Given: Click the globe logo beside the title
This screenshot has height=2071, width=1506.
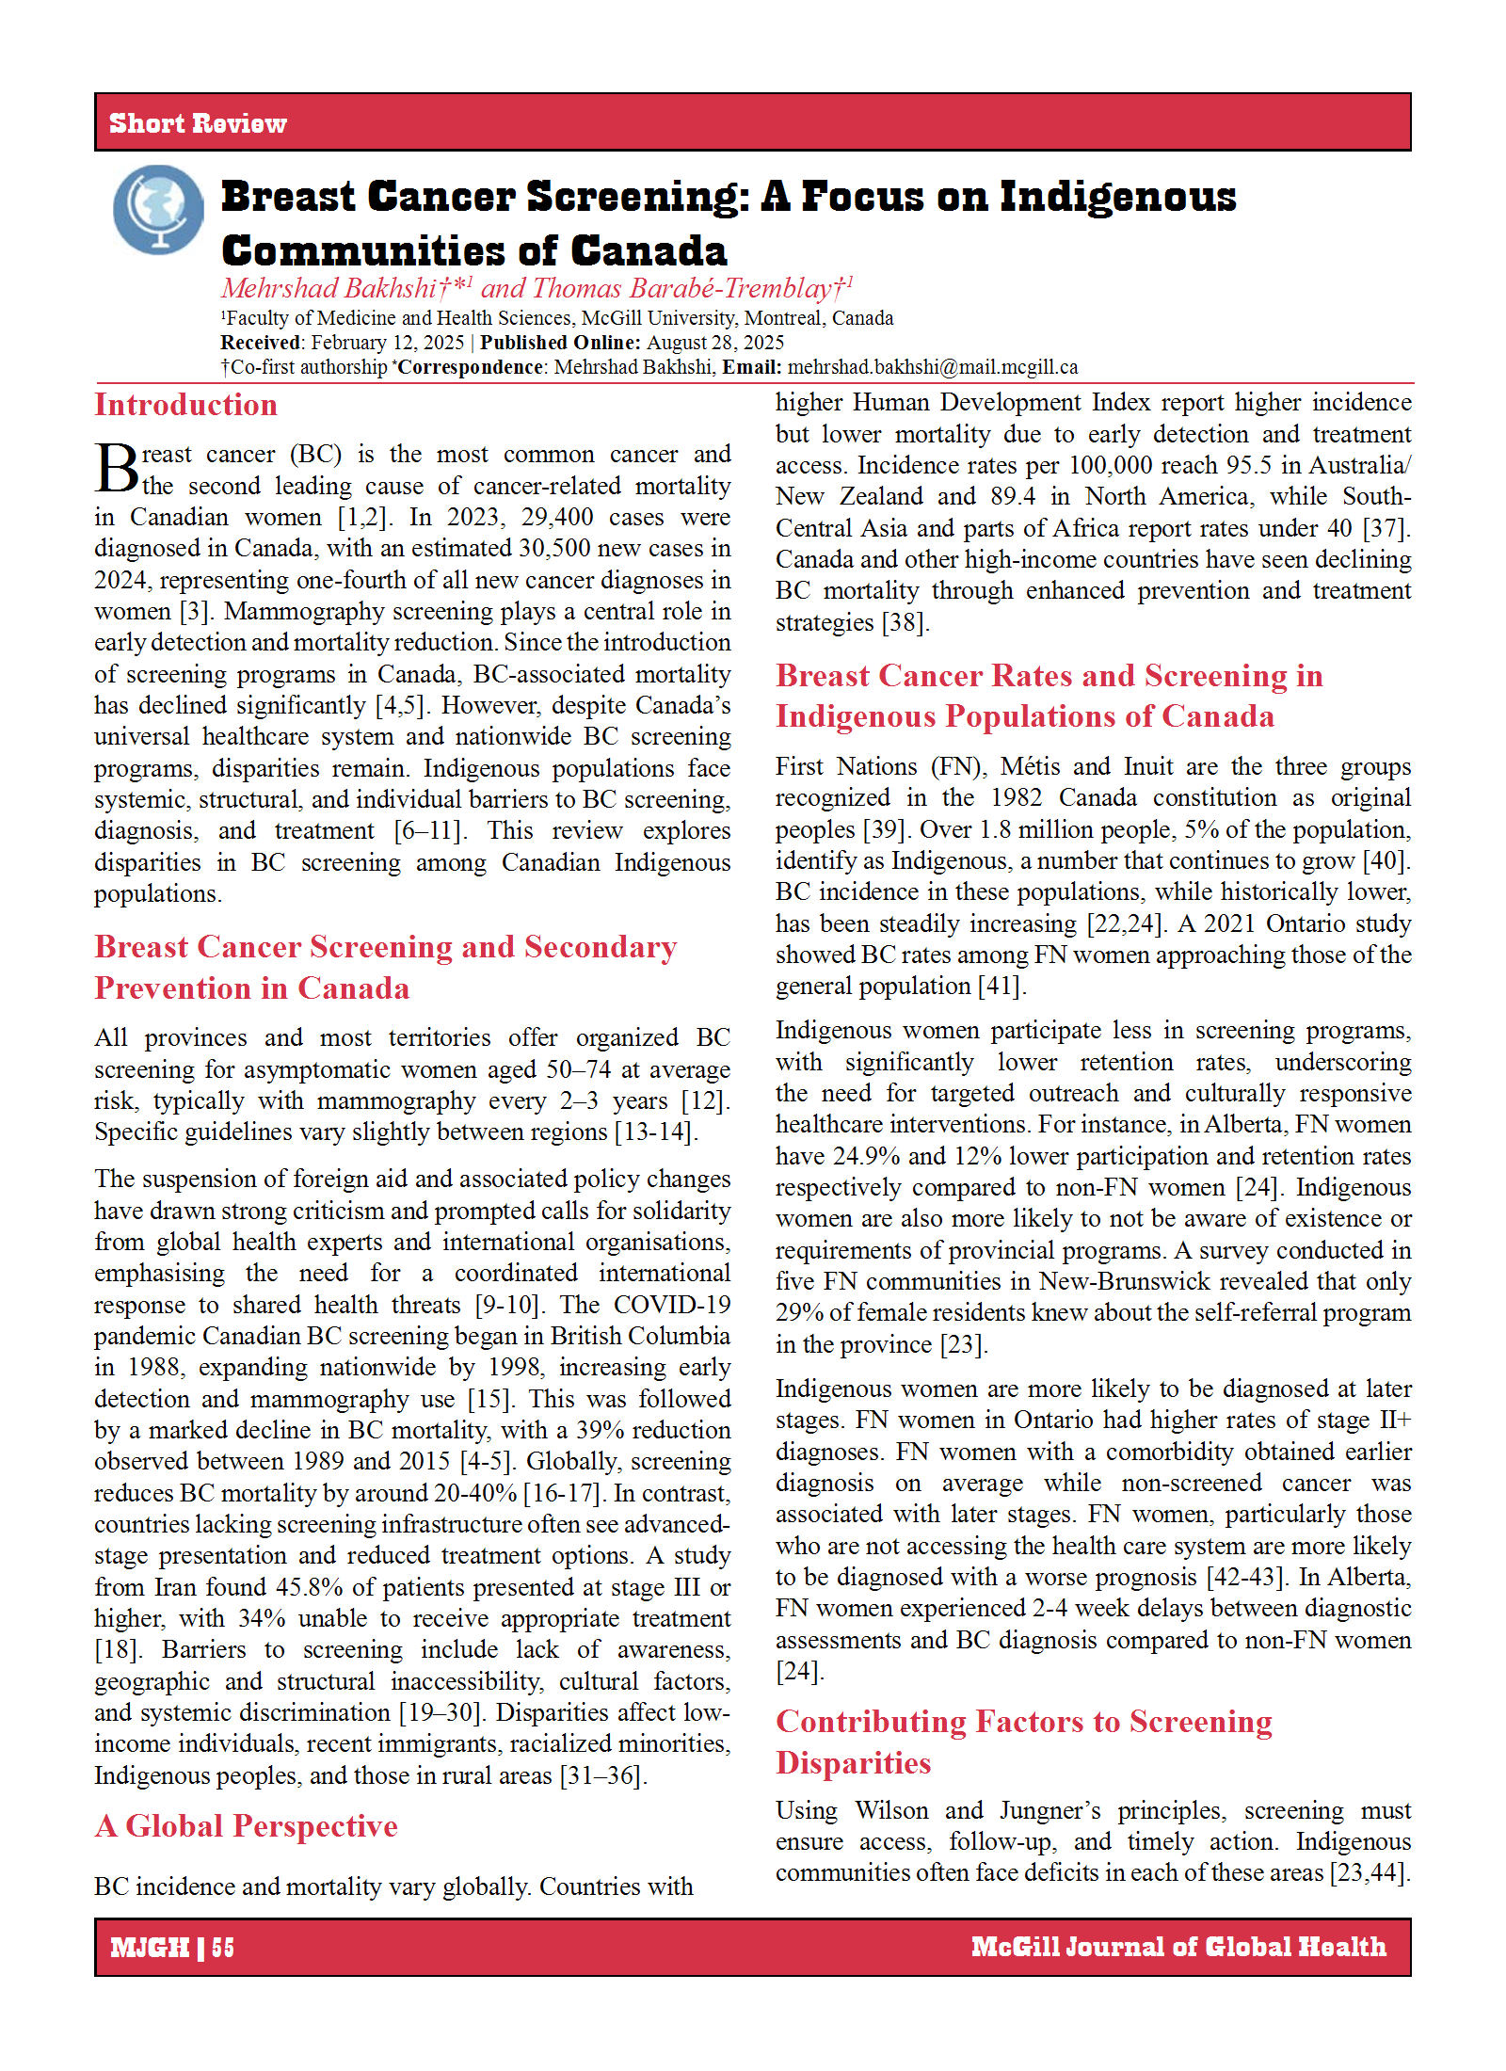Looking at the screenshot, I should (x=158, y=209).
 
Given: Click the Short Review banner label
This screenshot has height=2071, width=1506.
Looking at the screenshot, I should (x=198, y=123).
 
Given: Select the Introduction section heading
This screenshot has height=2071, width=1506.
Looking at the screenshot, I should (x=185, y=405).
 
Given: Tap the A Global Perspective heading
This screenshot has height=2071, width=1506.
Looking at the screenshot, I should (x=247, y=1826).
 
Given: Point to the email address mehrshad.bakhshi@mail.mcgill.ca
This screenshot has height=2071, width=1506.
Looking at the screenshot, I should (x=932, y=367).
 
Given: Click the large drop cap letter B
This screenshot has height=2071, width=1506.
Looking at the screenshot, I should (x=117, y=468).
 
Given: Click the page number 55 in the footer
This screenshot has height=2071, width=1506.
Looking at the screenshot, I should (x=223, y=1947).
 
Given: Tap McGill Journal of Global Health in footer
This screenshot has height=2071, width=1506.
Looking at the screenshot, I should (x=1178, y=1947).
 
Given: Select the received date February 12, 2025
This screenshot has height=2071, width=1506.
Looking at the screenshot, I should (x=388, y=343).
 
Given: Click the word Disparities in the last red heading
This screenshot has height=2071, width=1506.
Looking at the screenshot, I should (x=853, y=1762).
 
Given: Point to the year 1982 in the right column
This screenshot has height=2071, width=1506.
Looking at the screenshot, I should (x=1016, y=797).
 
